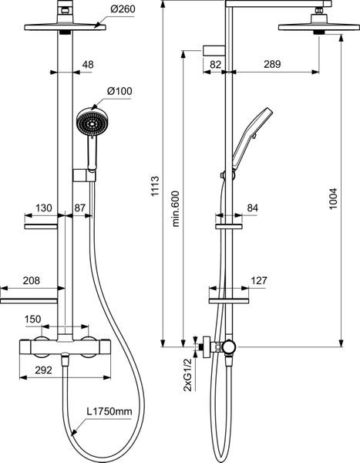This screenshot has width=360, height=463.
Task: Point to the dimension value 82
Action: click(x=217, y=66)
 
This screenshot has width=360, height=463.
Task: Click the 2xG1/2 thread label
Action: click(x=185, y=375)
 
